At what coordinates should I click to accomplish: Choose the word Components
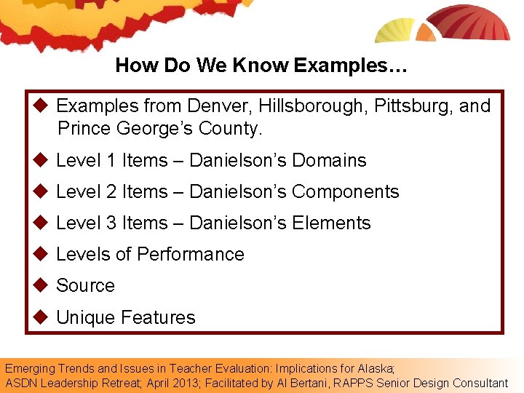(345, 191)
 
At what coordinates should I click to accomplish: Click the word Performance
(191, 254)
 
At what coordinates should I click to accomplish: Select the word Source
(85, 285)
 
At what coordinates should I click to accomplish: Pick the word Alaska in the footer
(376, 368)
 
